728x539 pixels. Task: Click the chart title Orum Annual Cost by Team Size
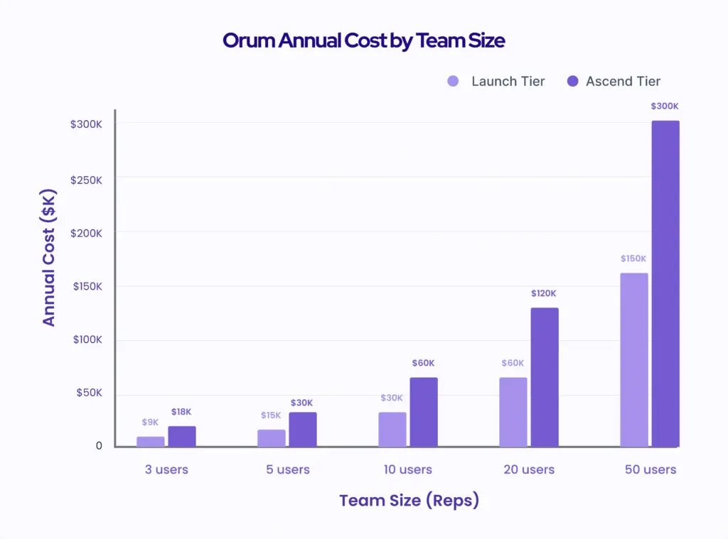363,40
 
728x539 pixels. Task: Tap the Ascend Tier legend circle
573,82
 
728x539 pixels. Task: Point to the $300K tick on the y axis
85,124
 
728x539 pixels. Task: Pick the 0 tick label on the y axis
99,446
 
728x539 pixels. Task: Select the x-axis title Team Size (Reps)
409,500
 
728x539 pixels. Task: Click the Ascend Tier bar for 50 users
665,284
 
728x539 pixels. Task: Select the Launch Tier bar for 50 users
633,360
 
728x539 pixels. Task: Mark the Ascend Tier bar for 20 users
545,377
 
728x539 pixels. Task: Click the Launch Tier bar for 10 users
392,430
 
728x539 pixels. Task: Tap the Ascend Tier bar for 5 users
303,430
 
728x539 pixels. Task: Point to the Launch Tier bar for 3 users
150,442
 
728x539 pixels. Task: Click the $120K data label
544,293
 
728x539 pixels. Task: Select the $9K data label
150,422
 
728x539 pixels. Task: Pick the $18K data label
181,412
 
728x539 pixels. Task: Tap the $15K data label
271,415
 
